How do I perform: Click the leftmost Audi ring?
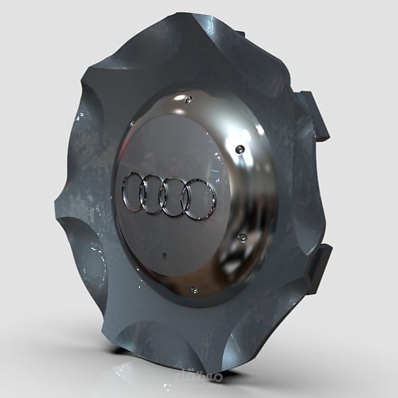tap(133, 192)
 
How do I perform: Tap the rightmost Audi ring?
tap(199, 200)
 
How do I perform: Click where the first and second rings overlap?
tap(142, 193)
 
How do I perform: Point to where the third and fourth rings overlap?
tap(186, 199)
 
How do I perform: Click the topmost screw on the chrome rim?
tap(188, 99)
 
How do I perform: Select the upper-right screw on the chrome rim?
tap(240, 149)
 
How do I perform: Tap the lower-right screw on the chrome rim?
tap(242, 238)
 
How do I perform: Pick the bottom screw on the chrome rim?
tap(194, 289)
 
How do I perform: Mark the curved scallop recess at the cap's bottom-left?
tap(87, 261)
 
